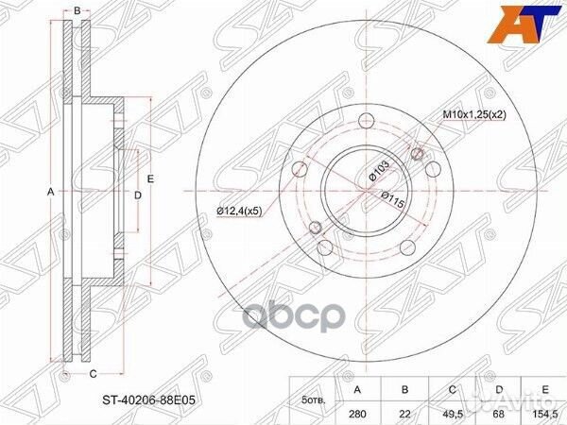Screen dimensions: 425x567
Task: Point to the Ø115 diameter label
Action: [x=394, y=196]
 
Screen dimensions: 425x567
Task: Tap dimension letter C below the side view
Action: [x=92, y=374]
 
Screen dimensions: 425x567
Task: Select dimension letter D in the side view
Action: [x=137, y=195]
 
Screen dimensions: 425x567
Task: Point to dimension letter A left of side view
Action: [x=50, y=192]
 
